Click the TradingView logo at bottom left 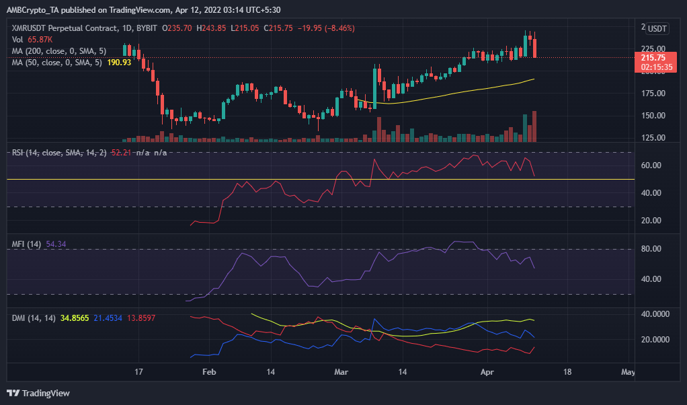(38, 393)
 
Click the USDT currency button (656, 28)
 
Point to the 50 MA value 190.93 (120, 61)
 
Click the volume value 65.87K (39, 40)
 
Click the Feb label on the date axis (210, 371)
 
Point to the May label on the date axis (628, 371)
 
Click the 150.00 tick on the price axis (653, 116)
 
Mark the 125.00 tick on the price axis (653, 138)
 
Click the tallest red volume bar (534, 126)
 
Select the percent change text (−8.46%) (335, 28)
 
